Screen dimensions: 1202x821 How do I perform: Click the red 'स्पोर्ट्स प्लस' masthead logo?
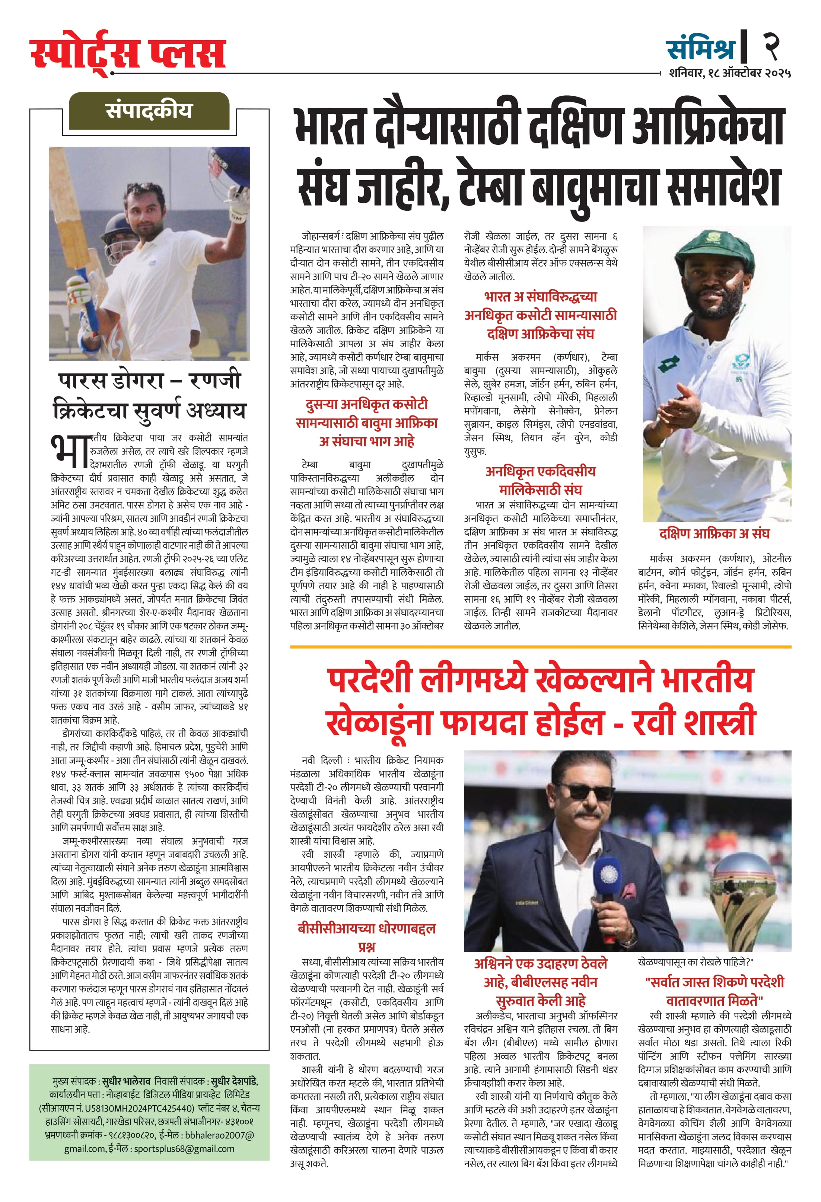[x=127, y=53]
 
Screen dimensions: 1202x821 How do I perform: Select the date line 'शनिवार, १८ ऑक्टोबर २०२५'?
[x=729, y=73]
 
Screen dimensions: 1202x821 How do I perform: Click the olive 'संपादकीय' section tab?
[x=149, y=111]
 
